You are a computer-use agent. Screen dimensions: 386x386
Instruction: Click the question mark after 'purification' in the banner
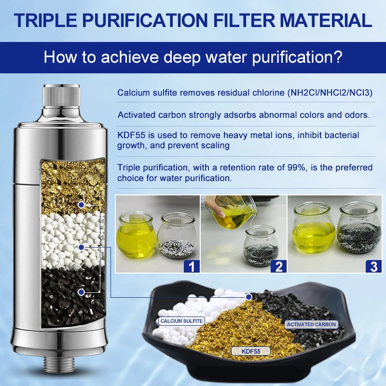coord(337,56)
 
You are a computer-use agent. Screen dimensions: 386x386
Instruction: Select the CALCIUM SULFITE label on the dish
coord(181,320)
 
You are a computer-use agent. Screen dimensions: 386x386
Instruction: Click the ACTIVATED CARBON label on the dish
coord(311,324)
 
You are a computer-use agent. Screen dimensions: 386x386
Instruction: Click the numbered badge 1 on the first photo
coord(192,265)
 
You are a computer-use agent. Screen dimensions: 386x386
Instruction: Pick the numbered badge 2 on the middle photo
coord(279,265)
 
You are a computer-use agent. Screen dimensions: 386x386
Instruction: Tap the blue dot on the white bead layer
coord(82,247)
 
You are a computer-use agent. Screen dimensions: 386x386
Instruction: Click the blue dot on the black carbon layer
coord(82,292)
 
